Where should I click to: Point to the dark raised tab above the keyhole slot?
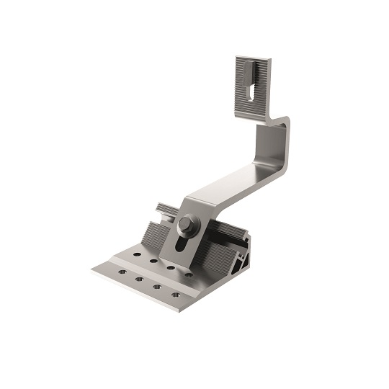tap(248, 71)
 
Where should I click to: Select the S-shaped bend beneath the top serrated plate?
tap(277, 122)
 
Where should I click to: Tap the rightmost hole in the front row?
tap(175, 294)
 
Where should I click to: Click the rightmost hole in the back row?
tap(188, 274)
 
